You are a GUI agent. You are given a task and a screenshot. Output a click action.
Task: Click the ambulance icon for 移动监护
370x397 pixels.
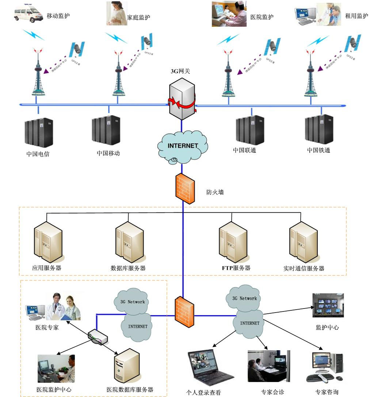coord(28,14)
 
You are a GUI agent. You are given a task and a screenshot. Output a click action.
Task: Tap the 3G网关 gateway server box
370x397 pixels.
coord(182,101)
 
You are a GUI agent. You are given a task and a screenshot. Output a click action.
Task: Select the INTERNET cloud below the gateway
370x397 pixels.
coord(183,146)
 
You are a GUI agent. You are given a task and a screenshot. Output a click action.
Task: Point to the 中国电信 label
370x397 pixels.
coord(38,154)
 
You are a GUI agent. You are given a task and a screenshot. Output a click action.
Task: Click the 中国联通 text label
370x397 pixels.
coord(244,150)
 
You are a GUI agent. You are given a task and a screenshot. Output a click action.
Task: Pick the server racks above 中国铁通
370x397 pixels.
coord(319,129)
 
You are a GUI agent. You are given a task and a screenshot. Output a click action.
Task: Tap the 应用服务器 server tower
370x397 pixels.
coord(46,242)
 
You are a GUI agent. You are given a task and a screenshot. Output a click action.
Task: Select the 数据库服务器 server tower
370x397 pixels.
coord(128,242)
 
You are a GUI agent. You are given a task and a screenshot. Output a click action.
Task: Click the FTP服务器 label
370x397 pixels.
coord(236,268)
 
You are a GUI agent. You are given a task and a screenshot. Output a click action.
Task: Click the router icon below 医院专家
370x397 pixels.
coord(98,337)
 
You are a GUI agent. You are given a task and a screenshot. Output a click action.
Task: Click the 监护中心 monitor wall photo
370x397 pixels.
coord(328,305)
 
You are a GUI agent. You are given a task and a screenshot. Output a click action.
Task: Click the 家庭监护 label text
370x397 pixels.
coord(138,17)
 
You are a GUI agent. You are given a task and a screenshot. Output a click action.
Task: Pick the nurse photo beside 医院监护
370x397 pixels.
coord(229,15)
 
